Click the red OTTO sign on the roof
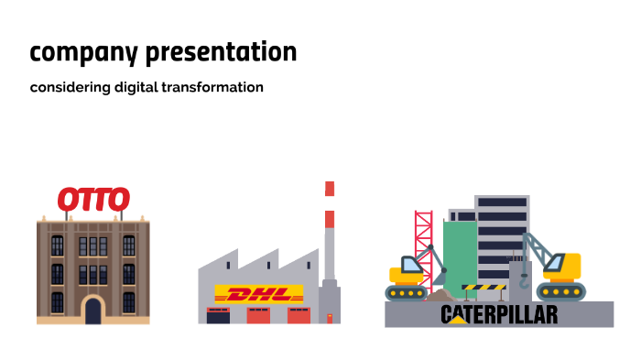click(93, 199)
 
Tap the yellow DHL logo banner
click(258, 295)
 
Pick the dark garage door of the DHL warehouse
click(218, 316)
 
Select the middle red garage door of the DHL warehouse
click(258, 316)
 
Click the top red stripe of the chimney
click(330, 188)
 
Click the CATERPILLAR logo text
click(499, 315)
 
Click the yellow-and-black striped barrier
click(483, 288)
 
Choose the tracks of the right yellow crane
click(560, 292)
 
